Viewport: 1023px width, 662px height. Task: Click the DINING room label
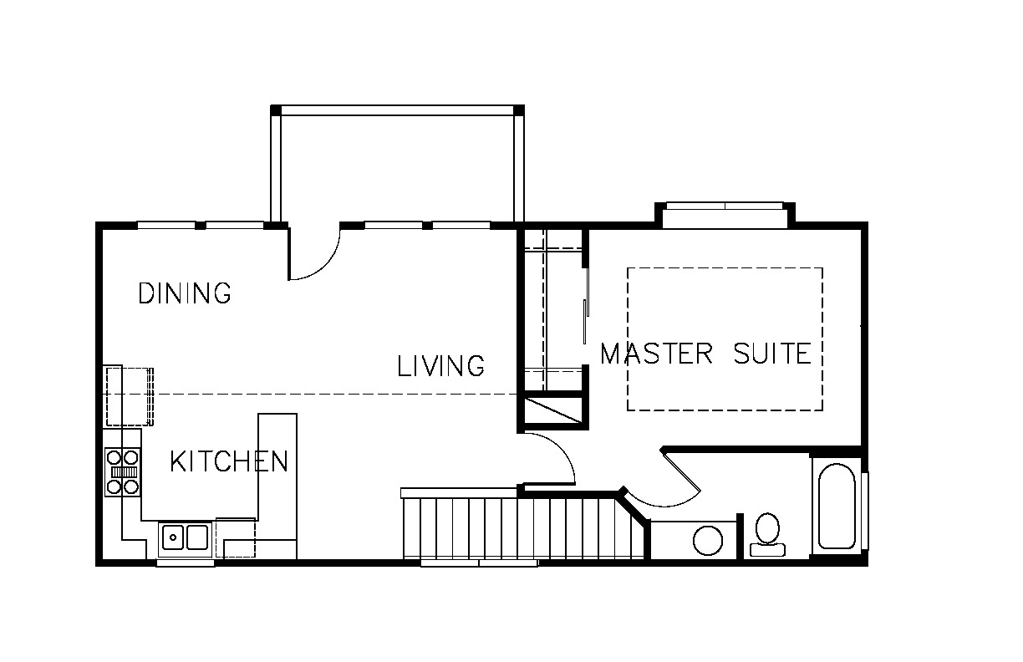(185, 293)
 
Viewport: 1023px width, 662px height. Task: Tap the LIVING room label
(440, 365)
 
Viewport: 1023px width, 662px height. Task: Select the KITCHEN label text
(229, 461)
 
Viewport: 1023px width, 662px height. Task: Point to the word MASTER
(656, 354)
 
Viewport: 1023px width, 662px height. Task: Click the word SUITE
(772, 354)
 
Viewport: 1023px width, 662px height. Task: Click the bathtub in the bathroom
(837, 506)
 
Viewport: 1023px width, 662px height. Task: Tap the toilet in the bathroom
(767, 534)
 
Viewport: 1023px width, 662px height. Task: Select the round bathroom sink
(708, 541)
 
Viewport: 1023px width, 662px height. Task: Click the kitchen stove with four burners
(122, 472)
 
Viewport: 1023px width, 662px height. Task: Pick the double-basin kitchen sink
(185, 537)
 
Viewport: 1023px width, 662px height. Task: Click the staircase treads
(523, 528)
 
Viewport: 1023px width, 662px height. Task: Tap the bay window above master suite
(725, 215)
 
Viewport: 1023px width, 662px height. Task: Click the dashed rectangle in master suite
(725, 268)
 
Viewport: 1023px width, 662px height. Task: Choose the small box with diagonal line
(552, 410)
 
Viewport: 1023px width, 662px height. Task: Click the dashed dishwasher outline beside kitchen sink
(235, 537)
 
